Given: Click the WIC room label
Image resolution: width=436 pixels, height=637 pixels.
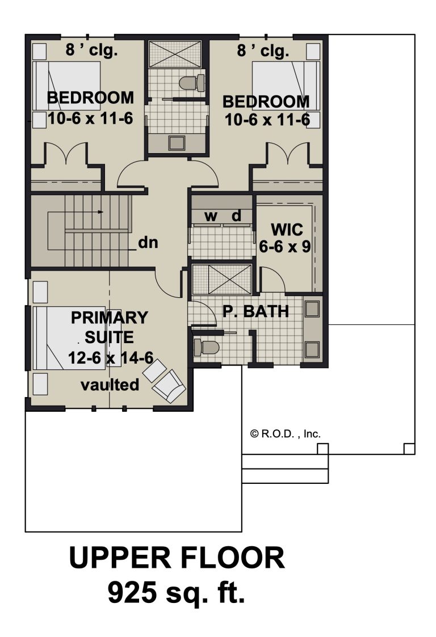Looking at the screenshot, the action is pyautogui.click(x=287, y=230).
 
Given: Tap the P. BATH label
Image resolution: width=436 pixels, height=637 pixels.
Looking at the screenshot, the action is pyautogui.click(x=256, y=311).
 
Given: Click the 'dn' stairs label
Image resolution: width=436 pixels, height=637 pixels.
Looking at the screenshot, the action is pyautogui.click(x=148, y=243).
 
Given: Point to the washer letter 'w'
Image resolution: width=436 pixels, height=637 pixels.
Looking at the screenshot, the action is pyautogui.click(x=211, y=216).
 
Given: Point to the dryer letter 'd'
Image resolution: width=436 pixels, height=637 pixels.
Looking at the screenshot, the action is pyautogui.click(x=236, y=216).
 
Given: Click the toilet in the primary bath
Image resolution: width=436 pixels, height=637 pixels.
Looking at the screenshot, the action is pyautogui.click(x=206, y=347).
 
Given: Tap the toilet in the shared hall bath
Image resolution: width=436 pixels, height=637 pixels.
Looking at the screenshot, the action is pyautogui.click(x=192, y=82).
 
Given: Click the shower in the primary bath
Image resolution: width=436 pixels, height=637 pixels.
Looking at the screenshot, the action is pyautogui.click(x=221, y=279).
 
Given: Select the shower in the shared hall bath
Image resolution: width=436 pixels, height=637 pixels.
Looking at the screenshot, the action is pyautogui.click(x=175, y=54).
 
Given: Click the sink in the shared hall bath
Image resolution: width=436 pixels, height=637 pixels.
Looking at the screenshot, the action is pyautogui.click(x=177, y=143).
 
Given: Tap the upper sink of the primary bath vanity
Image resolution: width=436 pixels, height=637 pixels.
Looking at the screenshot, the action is pyautogui.click(x=312, y=309).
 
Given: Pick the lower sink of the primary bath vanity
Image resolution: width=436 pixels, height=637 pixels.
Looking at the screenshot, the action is pyautogui.click(x=312, y=350).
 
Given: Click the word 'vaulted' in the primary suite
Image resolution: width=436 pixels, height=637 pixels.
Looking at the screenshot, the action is pyautogui.click(x=110, y=385).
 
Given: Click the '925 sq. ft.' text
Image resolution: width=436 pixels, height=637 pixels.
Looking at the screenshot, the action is pyautogui.click(x=177, y=593).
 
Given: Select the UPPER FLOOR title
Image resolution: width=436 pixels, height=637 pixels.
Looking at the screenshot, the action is pyautogui.click(x=177, y=558).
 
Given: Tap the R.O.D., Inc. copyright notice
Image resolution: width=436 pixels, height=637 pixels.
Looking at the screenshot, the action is pyautogui.click(x=286, y=434).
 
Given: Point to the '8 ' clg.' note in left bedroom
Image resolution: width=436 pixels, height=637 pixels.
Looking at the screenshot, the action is pyautogui.click(x=92, y=50).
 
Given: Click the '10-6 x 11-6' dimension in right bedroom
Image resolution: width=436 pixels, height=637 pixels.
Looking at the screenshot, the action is pyautogui.click(x=267, y=120).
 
